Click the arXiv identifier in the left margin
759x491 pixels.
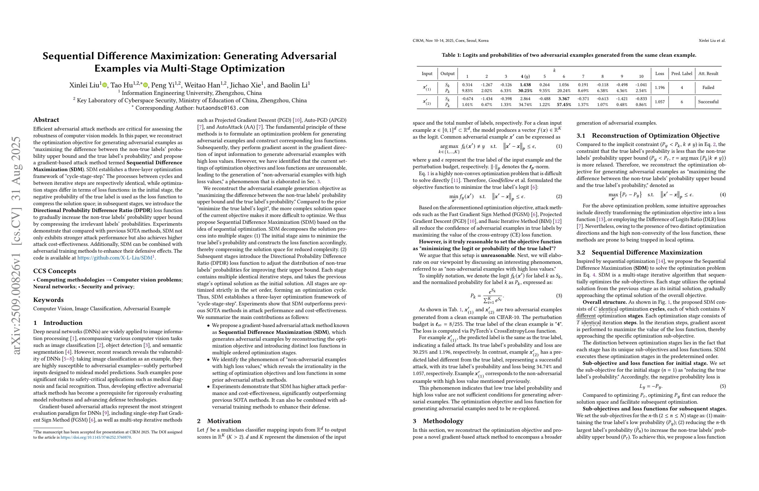click(16, 245)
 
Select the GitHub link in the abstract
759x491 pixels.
click(115, 258)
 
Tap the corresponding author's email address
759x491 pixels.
click(222, 108)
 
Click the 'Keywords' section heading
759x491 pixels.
click(48, 300)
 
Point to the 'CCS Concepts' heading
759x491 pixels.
click(55, 271)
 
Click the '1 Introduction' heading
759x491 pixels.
click(58, 323)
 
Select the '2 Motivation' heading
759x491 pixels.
click(219, 421)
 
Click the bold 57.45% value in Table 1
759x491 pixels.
click(564, 105)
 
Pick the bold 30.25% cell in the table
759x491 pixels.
click(525, 91)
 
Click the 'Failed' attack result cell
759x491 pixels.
click(708, 88)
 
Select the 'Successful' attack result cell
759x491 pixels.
click(708, 102)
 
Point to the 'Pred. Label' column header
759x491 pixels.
click(681, 74)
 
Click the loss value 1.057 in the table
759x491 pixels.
click(659, 102)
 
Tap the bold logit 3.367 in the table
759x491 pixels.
click(564, 99)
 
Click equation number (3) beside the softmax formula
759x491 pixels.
click(559, 296)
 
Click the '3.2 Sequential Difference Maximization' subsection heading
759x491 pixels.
click(639, 253)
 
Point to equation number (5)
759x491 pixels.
click(723, 387)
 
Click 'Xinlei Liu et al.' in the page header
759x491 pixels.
click(712, 41)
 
